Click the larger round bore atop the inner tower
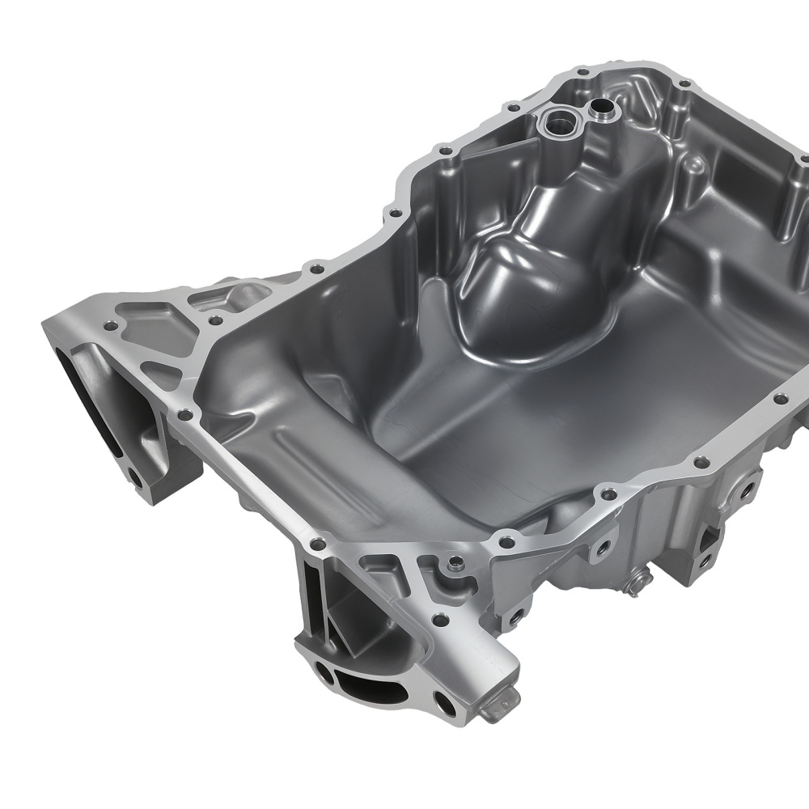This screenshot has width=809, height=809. (x=557, y=122)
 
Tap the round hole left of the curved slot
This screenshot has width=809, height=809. (x=324, y=671)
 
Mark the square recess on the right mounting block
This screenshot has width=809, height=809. (x=711, y=534)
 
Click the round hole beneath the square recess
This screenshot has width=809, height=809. (x=705, y=558)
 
